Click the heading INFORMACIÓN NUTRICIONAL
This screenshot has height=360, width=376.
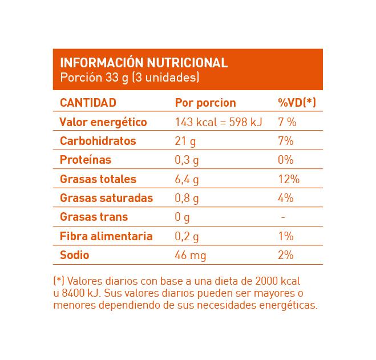click(144, 63)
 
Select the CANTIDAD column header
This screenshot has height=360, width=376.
click(88, 103)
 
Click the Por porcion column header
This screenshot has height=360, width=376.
click(205, 103)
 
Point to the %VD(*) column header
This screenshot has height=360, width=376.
click(297, 103)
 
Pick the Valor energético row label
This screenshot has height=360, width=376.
click(103, 122)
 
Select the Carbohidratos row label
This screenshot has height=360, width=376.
click(98, 141)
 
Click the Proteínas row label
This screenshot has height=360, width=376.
click(86, 160)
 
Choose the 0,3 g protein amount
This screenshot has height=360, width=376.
click(187, 160)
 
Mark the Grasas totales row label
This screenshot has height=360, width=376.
click(98, 179)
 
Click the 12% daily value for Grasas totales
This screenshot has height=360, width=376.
click(289, 179)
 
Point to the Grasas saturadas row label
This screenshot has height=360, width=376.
click(106, 198)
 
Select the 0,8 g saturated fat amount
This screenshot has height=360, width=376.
click(187, 198)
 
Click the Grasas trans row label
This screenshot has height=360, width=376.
click(94, 217)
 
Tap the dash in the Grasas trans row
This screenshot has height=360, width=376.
click(283, 217)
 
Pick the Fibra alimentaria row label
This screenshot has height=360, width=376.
click(106, 236)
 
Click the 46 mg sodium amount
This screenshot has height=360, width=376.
click(189, 255)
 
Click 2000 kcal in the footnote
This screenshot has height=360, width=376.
click(278, 282)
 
